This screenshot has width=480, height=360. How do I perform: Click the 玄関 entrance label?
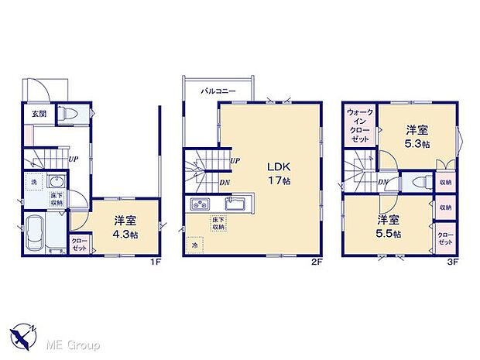click(38, 114)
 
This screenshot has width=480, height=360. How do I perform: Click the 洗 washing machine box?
click(33, 182)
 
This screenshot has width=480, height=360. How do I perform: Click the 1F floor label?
click(156, 262)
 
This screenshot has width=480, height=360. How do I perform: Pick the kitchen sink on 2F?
click(233, 204)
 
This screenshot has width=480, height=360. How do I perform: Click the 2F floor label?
click(316, 262)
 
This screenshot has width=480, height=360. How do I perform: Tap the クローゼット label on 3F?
click(446, 238)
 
